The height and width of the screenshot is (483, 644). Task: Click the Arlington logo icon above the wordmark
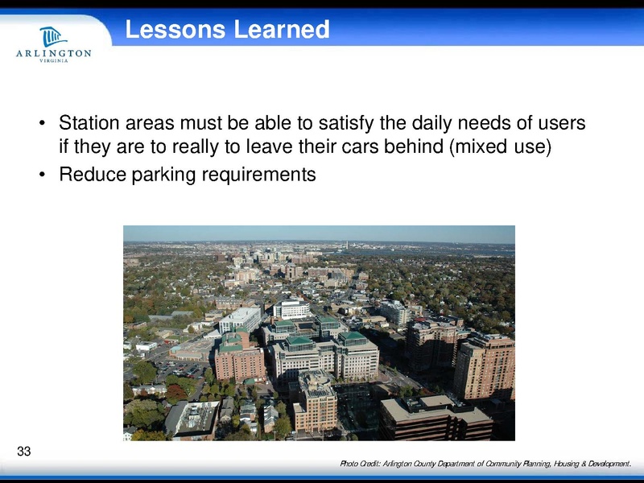pyautogui.click(x=53, y=36)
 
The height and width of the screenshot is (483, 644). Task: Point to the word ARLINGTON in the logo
pyautogui.click(x=53, y=54)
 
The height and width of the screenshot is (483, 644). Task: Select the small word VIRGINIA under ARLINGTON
pyautogui.click(x=53, y=64)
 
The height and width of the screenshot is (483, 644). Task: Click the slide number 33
pyautogui.click(x=23, y=451)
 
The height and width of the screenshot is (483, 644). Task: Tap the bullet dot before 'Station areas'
pyautogui.click(x=41, y=126)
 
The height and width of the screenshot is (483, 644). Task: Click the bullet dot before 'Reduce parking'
pyautogui.click(x=41, y=175)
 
